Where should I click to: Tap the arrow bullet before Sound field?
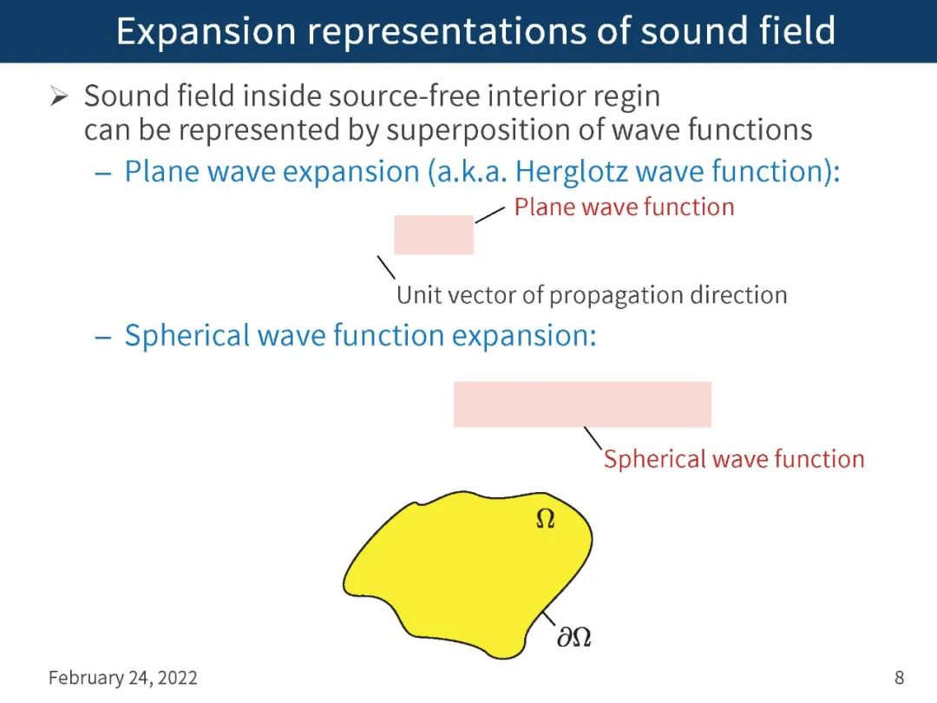click(59, 96)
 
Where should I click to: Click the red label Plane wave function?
click(624, 207)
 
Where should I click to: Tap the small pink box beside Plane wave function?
click(434, 234)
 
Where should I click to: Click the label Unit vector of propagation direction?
click(592, 295)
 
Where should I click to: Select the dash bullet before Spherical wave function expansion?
click(103, 336)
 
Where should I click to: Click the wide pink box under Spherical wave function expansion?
click(582, 404)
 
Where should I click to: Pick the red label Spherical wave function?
click(734, 458)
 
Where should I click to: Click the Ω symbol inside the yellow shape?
click(545, 519)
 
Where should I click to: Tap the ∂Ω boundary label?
click(573, 638)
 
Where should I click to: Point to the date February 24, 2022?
click(123, 678)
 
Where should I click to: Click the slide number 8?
click(900, 678)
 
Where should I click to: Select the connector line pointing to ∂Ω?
click(548, 620)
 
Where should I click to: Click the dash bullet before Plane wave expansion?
click(103, 172)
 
